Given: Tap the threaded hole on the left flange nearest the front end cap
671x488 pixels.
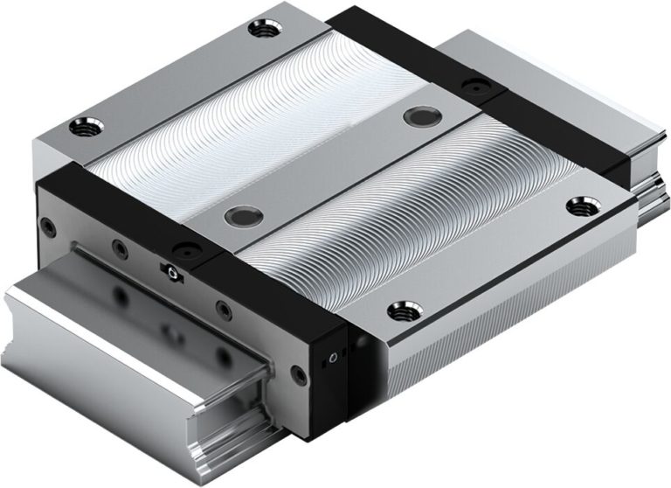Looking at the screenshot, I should [x=89, y=122].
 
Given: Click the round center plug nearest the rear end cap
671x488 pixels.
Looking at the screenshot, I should [x=413, y=118].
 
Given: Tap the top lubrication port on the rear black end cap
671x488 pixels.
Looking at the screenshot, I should [x=474, y=86].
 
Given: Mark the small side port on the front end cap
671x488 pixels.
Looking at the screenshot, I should [x=330, y=359].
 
